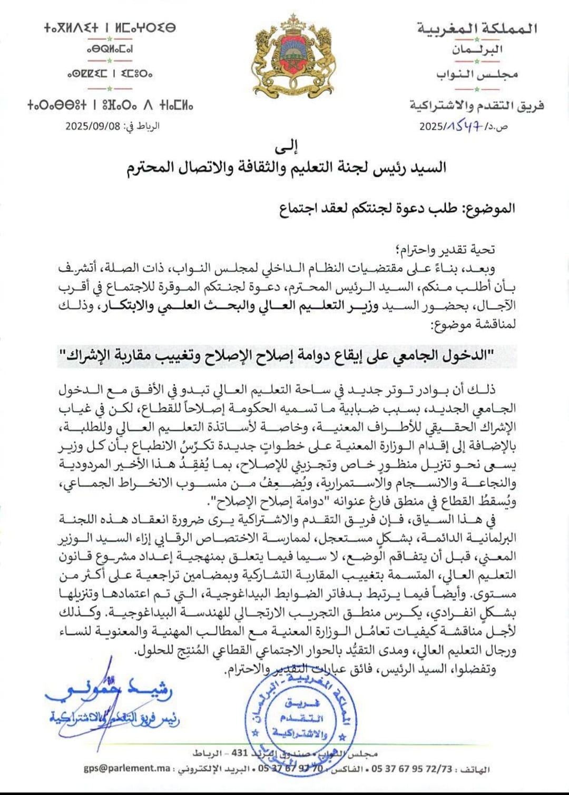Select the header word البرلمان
click(x=477, y=50)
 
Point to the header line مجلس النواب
click(x=477, y=74)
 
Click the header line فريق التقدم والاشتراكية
click(x=477, y=106)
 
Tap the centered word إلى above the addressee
click(x=287, y=144)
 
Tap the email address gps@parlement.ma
click(x=127, y=768)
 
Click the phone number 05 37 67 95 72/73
click(x=411, y=769)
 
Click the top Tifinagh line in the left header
click(x=110, y=27)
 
